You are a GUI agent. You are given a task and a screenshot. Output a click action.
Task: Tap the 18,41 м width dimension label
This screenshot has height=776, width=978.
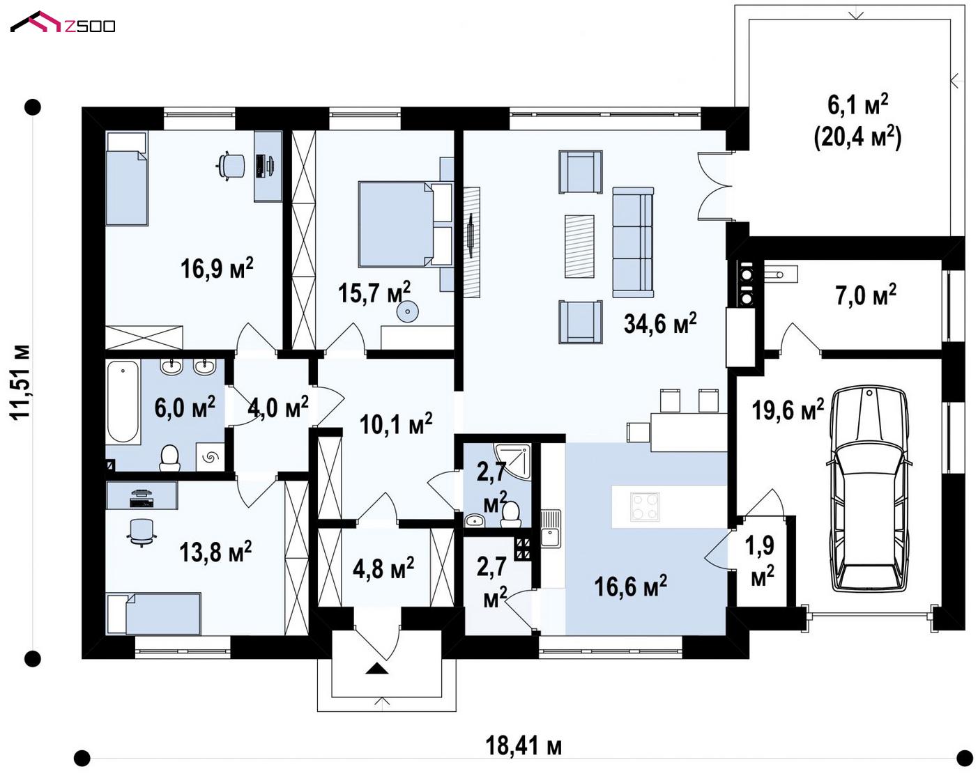[x=524, y=746]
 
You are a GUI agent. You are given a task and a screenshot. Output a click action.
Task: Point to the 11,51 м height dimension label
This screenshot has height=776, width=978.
[x=21, y=382]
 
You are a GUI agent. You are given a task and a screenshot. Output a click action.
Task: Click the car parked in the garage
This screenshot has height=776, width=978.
[x=869, y=489]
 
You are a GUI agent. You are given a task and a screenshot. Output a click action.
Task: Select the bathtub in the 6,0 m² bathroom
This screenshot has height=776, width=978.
[x=123, y=401]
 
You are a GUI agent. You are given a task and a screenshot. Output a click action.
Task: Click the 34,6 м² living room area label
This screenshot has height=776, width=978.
[x=660, y=323]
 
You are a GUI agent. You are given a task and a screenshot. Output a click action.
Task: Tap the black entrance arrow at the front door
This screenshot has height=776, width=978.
[x=377, y=668]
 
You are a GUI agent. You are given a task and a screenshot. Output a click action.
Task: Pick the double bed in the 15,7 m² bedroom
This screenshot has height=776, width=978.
[x=406, y=224]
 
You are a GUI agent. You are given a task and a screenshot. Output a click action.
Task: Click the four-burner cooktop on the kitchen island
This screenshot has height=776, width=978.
[x=644, y=506]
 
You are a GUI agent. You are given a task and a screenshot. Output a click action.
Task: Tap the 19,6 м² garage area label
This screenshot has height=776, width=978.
[x=788, y=410]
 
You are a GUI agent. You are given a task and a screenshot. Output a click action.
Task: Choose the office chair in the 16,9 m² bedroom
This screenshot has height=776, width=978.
[x=231, y=165]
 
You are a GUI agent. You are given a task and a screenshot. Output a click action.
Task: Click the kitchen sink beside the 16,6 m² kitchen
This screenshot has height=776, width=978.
[x=551, y=529]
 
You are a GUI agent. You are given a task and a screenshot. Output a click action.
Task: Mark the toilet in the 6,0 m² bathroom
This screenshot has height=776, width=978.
[x=170, y=457]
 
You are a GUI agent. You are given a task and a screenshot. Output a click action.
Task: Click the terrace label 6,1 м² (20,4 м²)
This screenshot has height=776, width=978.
[x=857, y=121]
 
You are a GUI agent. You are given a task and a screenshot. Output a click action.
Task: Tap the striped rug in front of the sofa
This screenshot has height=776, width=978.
[x=579, y=246]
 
